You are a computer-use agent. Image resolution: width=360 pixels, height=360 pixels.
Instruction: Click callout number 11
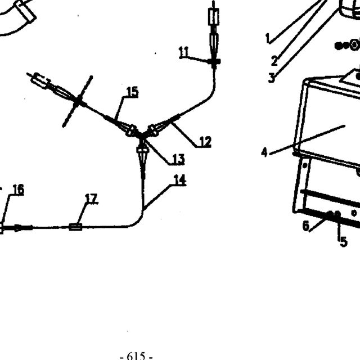coord(183,52)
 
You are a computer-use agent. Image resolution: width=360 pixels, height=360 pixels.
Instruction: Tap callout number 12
coord(205,142)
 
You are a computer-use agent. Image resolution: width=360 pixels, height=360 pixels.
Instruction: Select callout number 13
coord(178,159)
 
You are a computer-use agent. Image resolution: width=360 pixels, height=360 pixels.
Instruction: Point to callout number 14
coord(180,180)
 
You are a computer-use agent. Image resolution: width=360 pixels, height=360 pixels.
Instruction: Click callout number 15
coord(133,92)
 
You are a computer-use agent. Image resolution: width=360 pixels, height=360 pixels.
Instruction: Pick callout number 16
coord(19,190)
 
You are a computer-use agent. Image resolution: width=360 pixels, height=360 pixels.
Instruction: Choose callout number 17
coord(91,199)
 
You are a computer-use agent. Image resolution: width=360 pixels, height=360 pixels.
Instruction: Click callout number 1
coord(268,38)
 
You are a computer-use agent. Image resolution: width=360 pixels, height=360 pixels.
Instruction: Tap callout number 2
coord(274,61)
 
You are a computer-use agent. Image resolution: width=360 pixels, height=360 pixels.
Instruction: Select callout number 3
coord(272,78)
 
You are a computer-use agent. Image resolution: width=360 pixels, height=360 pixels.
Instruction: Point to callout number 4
coord(264,152)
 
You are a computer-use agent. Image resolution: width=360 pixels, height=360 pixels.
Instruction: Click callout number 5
coord(344,242)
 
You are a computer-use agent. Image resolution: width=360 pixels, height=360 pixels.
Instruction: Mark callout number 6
coord(306,226)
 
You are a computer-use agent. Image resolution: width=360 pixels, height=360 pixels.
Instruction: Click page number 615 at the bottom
coord(136,356)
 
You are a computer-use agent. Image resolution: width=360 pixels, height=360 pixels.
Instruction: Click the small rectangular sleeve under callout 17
coord(75,227)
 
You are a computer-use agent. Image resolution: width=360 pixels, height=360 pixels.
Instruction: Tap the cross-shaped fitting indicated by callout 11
coord(214,61)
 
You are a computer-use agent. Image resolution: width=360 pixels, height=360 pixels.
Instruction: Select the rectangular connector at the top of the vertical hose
coord(214,16)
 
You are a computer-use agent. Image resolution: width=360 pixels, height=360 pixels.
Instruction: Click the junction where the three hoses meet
coord(142,136)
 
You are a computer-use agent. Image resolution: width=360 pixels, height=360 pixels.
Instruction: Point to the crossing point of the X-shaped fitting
coord(78,101)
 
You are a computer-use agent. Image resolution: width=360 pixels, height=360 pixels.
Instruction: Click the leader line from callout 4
coord(307,140)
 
